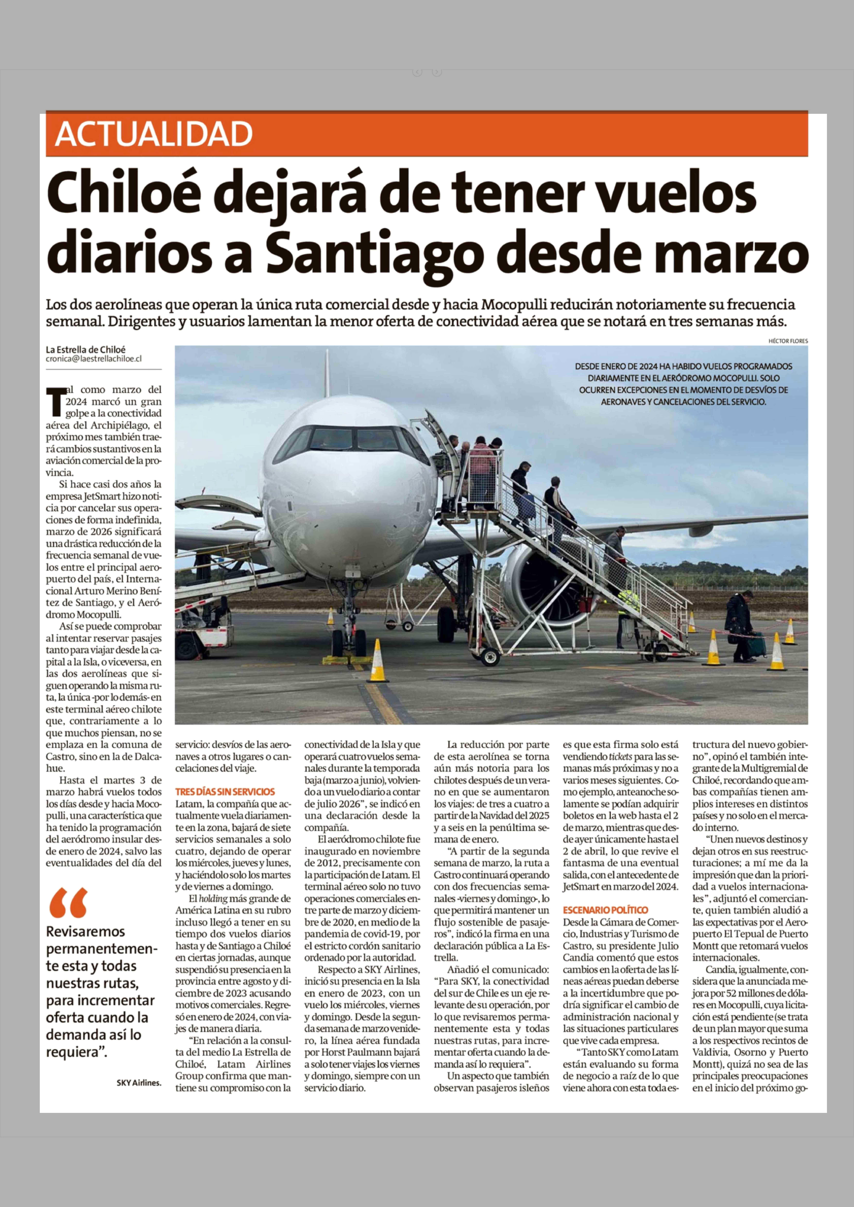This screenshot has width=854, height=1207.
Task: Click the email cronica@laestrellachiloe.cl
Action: pyautogui.click(x=94, y=359)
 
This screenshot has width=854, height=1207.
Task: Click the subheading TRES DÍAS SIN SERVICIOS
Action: pyautogui.click(x=225, y=792)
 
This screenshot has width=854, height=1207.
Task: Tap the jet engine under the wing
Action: pyautogui.click(x=531, y=578)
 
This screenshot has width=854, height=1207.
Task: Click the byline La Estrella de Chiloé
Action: pyautogui.click(x=86, y=349)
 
